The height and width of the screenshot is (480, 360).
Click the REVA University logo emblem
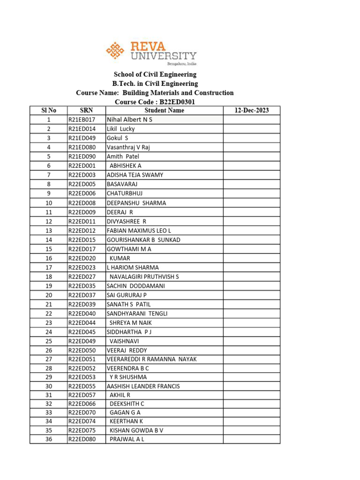[115, 50]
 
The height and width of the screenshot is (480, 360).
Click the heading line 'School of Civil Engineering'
[155, 75]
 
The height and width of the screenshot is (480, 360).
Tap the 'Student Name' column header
[164, 111]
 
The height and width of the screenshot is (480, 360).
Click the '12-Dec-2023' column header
[252, 111]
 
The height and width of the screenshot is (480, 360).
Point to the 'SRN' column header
[86, 111]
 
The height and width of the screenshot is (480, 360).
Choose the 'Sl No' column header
[49, 111]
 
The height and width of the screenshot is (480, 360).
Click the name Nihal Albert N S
[129, 120]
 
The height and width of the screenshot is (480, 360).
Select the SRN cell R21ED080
[82, 147]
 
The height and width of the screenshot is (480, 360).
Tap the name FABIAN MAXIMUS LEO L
[139, 231]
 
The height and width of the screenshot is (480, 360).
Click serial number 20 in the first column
[49, 295]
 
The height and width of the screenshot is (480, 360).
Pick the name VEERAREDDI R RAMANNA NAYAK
[151, 359]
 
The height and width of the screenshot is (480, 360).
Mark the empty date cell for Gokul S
[252, 138]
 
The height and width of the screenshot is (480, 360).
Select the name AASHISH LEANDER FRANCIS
[143, 386]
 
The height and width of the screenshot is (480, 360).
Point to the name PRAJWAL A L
[127, 439]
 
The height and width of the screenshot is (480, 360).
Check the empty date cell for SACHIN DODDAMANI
[252, 286]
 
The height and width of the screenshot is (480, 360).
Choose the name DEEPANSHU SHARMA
[136, 203]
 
